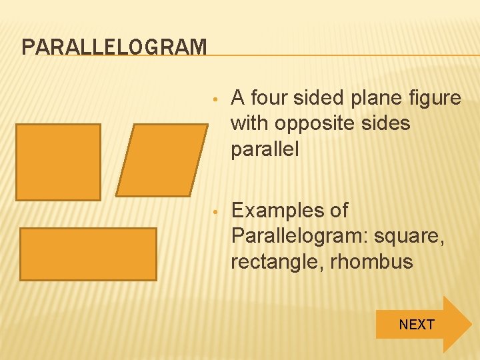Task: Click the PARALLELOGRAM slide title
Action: click(x=114, y=47)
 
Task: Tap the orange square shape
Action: click(x=58, y=162)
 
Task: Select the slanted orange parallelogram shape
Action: click(x=161, y=161)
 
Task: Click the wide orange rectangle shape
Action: click(x=88, y=254)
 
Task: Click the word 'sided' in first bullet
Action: click(x=319, y=99)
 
